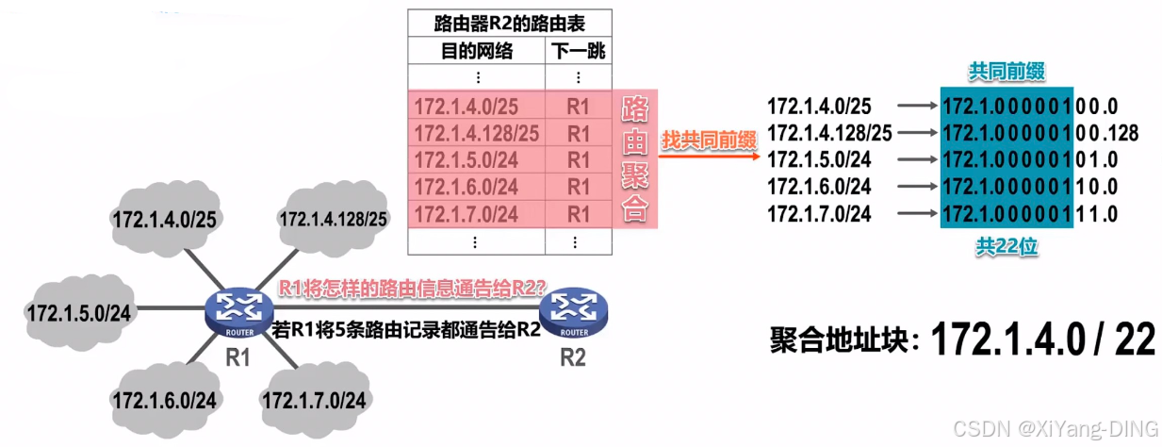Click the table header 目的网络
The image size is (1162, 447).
coord(477,51)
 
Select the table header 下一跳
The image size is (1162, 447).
coord(578,51)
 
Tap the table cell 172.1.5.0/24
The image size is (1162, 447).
coord(466,160)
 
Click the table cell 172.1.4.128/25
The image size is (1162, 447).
coord(477,133)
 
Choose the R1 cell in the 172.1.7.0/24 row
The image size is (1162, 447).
coord(578,214)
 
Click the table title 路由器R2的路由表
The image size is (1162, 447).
coord(509,23)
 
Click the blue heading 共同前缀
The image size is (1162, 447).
coord(1006,71)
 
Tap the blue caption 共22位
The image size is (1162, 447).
coord(1006,247)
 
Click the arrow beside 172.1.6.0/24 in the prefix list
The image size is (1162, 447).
coord(915,187)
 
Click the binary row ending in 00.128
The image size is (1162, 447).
coord(1039,133)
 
